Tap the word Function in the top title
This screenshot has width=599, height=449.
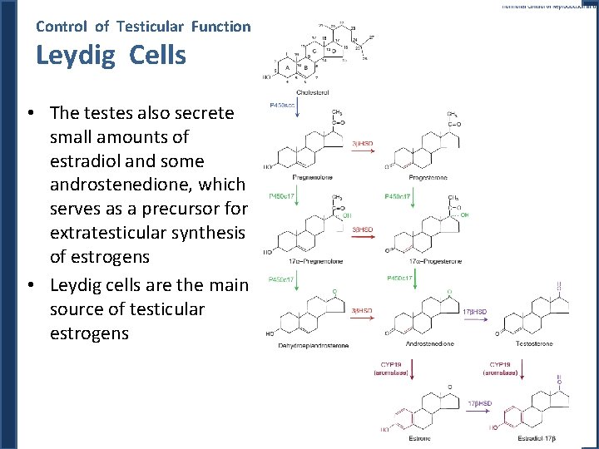coord(220,26)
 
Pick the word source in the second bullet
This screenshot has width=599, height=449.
coord(82,309)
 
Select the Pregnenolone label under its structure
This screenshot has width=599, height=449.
coord(312,177)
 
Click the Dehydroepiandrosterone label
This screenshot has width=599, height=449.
coord(314,344)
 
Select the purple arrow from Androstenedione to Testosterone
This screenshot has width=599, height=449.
coord(478,319)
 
